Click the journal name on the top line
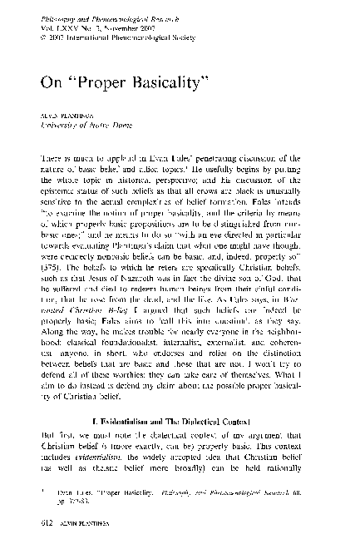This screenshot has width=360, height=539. pos(97,12)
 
